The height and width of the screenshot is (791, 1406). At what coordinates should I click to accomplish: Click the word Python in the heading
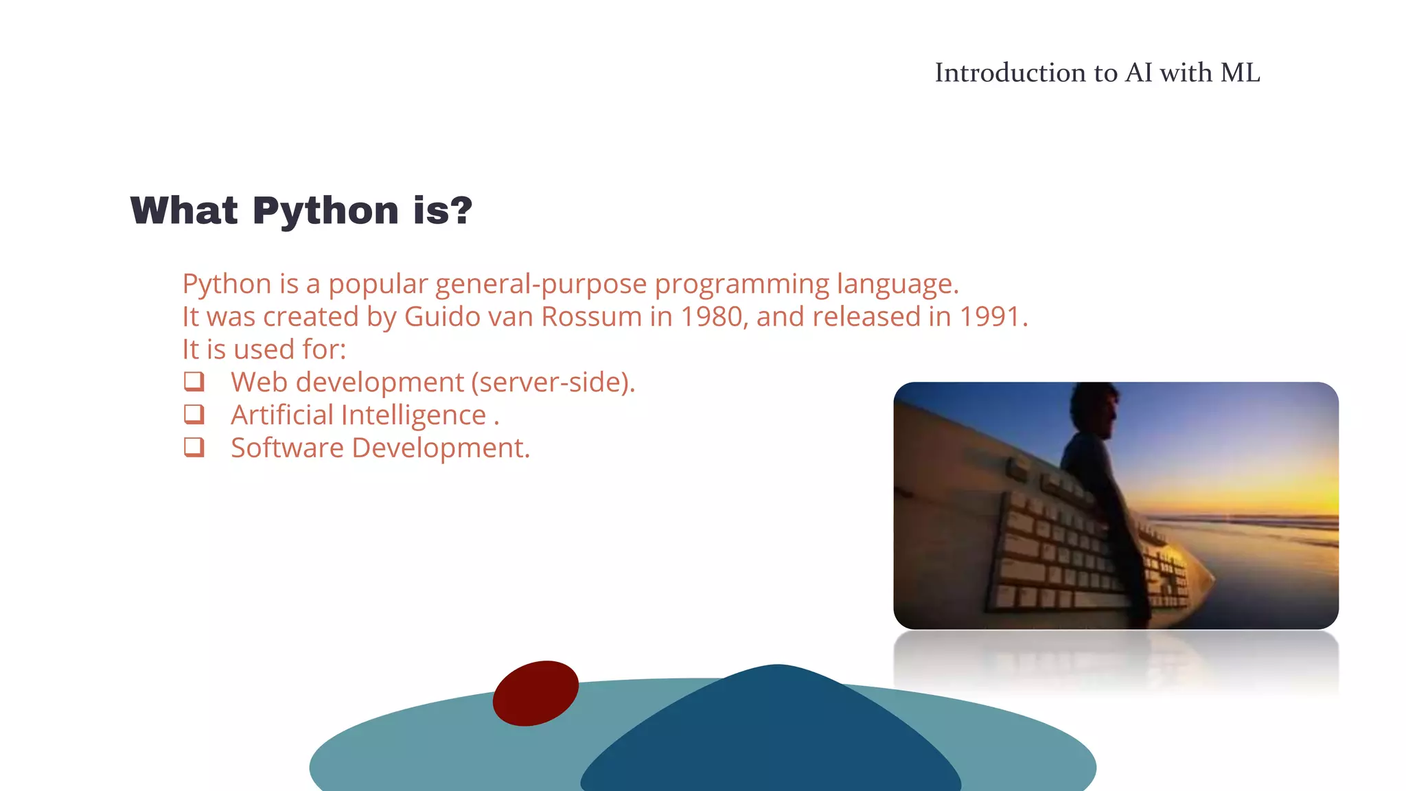pos(325,211)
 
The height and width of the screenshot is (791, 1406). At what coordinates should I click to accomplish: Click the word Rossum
pos(591,317)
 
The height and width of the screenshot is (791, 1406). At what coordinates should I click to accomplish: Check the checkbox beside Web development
pos(194,381)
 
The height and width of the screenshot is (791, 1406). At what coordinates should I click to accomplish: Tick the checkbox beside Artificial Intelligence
pos(194,414)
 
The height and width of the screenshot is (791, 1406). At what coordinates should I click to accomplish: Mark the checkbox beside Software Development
pos(194,447)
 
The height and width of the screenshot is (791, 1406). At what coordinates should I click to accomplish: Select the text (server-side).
pos(553,382)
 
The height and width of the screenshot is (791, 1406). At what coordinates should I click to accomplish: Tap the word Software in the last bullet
pos(287,448)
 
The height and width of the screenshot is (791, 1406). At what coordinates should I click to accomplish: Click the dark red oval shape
pos(535,693)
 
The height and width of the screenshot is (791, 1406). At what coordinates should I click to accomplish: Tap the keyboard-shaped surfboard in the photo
pos(1050,542)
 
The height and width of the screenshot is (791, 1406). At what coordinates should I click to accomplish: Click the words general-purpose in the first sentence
pos(541,284)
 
